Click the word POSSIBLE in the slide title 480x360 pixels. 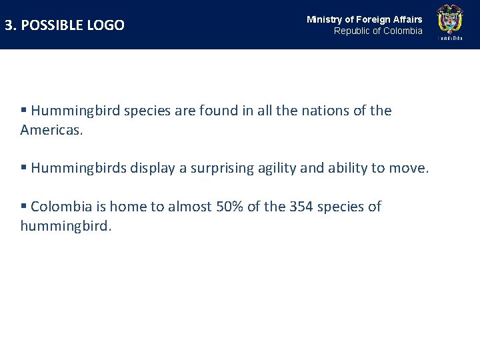point(56,25)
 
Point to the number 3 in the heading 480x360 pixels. point(9,25)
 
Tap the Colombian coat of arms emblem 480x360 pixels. point(449,21)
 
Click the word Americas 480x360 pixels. point(51,130)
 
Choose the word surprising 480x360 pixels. point(223,168)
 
